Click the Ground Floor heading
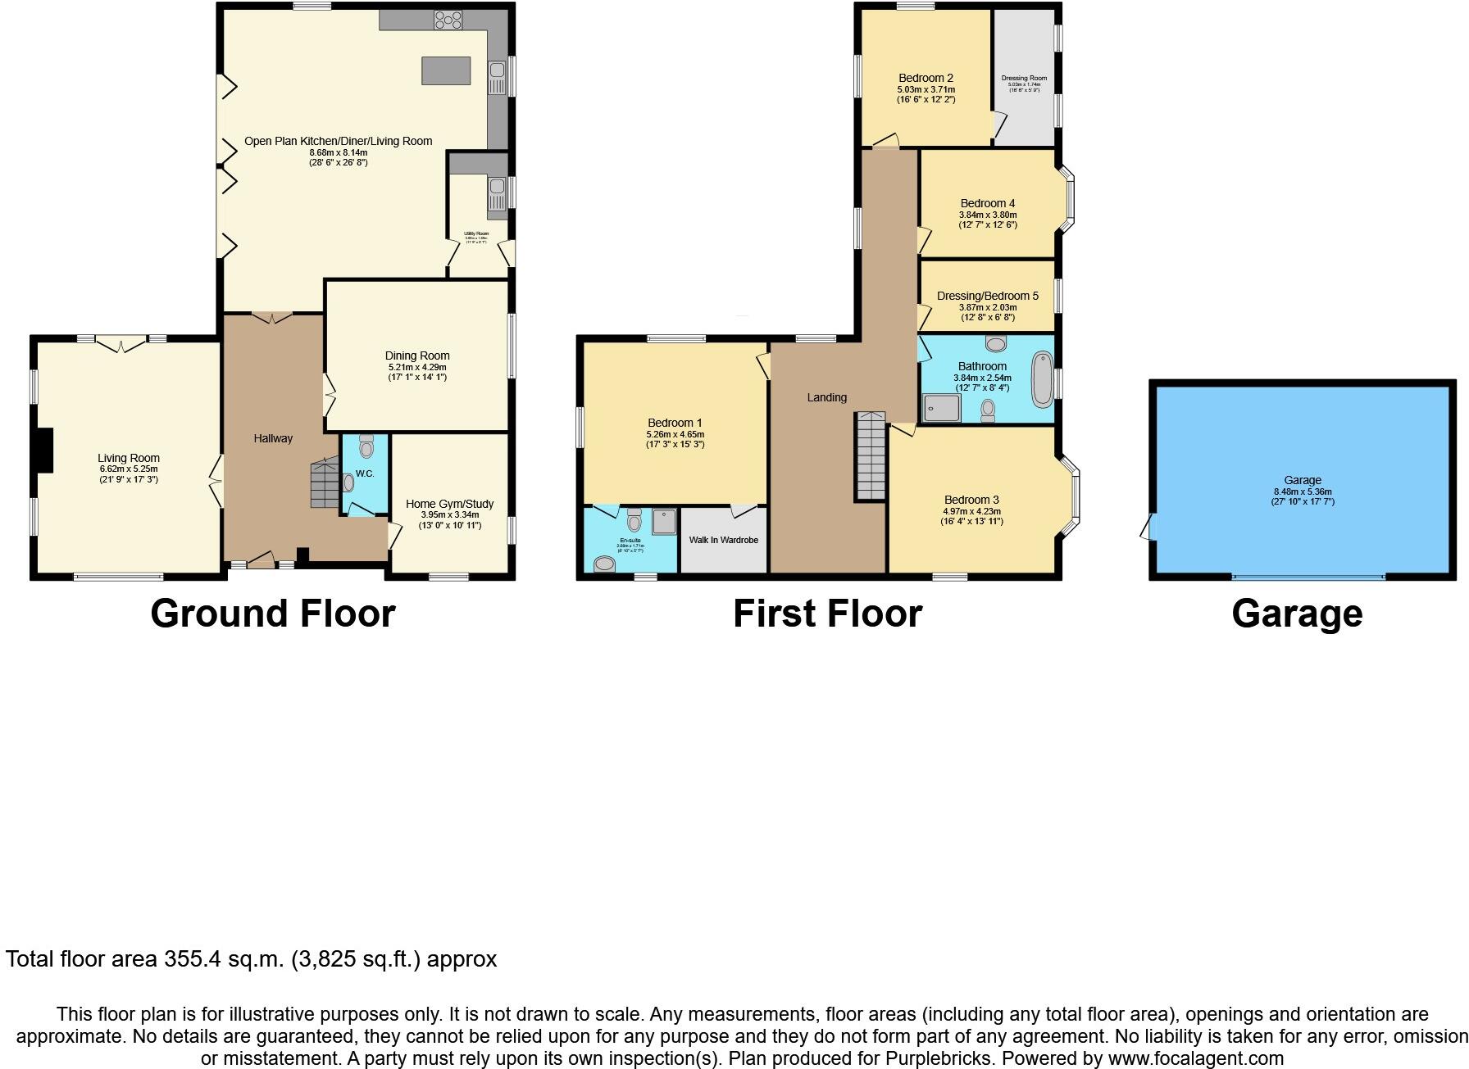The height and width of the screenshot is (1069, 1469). [x=272, y=614]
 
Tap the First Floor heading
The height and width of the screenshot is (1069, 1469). [x=827, y=614]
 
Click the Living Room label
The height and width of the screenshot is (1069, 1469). [x=129, y=458]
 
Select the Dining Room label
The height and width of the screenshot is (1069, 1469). [x=417, y=356]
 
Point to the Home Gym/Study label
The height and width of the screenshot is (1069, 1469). [x=449, y=504]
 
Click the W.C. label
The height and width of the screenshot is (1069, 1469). [x=365, y=474]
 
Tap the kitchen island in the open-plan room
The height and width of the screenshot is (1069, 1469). [x=446, y=70]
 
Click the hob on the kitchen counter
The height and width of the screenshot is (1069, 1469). [x=448, y=20]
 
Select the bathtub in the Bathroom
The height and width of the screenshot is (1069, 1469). [x=1041, y=379]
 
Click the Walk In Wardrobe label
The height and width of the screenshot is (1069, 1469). [x=723, y=540]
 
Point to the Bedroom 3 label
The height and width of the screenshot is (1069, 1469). [x=971, y=500]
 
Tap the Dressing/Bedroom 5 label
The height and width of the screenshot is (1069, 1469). [x=987, y=296]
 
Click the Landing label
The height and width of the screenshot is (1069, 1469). [x=826, y=397]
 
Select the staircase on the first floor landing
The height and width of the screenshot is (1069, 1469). [x=871, y=456]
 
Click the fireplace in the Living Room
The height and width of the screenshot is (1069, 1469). [x=45, y=450]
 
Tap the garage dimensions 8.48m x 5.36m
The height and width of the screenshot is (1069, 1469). [x=1303, y=491]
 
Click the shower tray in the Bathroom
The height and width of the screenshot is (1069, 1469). [x=941, y=407]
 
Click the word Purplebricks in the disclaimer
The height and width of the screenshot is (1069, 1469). [x=939, y=1058]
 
